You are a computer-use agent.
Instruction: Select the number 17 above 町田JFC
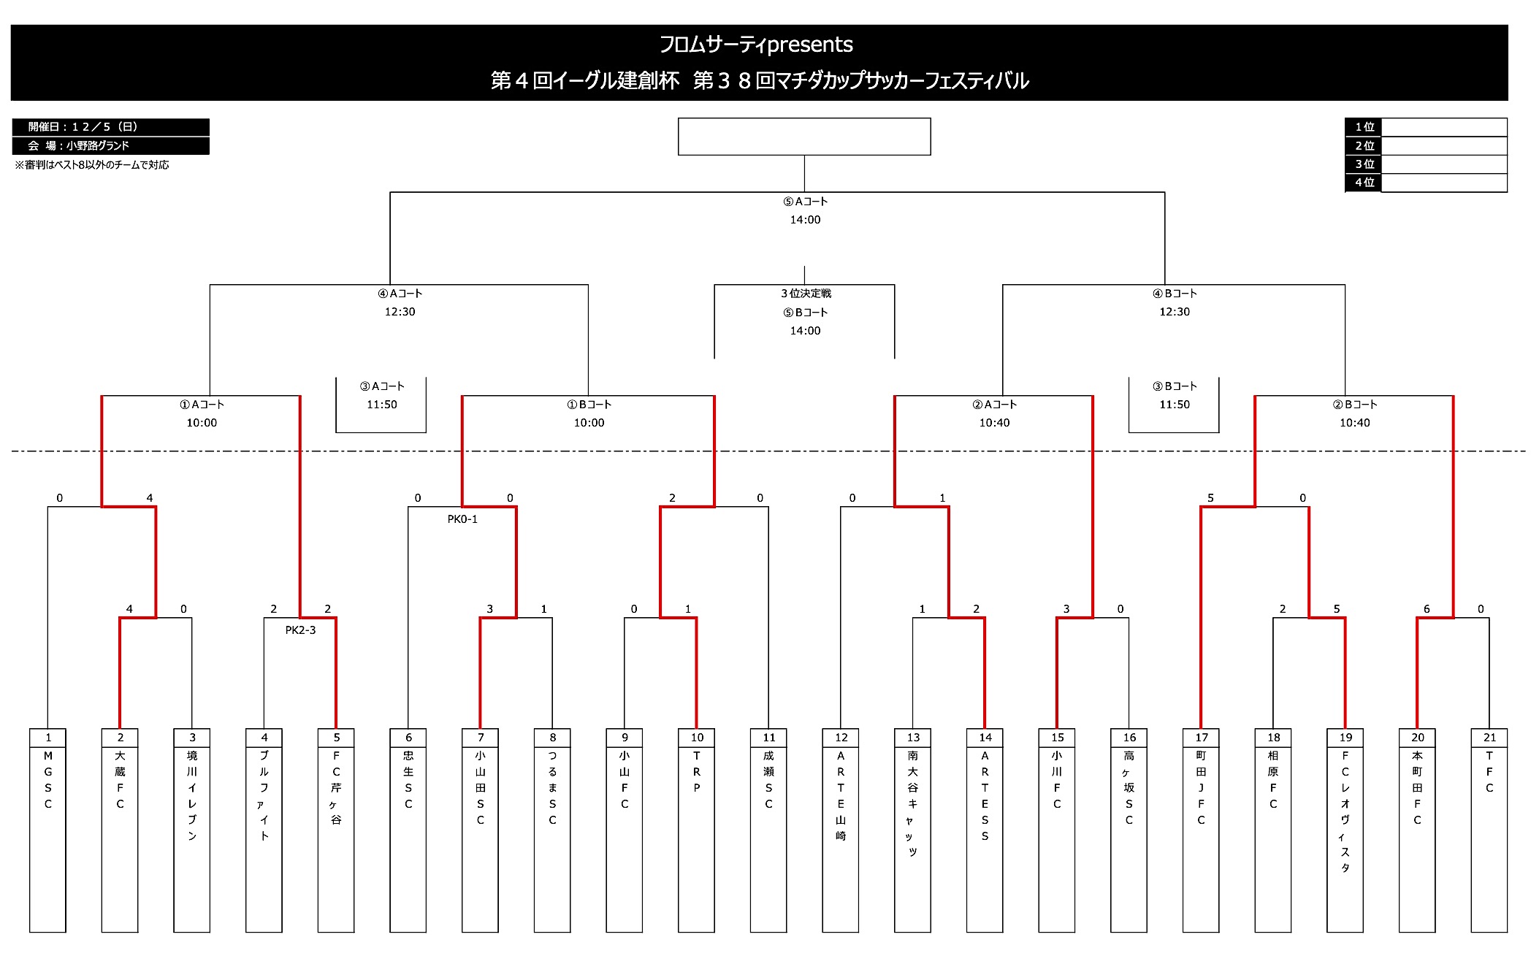[x=1202, y=738]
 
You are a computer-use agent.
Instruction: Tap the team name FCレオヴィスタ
[x=1345, y=811]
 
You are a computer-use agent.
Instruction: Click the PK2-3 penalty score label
[x=300, y=630]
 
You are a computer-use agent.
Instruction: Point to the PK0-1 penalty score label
[x=462, y=519]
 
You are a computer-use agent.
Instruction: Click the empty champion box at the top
[x=804, y=137]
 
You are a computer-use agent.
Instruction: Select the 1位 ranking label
[x=1364, y=127]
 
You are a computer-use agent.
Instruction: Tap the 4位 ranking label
[x=1364, y=183]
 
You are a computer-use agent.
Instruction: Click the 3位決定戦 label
[x=806, y=294]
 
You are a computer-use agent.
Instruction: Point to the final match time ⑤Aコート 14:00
[x=805, y=211]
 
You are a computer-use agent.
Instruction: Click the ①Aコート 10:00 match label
[x=202, y=413]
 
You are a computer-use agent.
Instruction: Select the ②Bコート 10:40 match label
[x=1355, y=413]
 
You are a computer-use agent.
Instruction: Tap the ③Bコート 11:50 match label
[x=1175, y=395]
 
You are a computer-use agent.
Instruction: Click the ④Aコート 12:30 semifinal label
[x=400, y=302]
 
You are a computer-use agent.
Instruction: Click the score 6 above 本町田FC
[x=1427, y=609]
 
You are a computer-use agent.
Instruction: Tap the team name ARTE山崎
[x=841, y=795]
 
